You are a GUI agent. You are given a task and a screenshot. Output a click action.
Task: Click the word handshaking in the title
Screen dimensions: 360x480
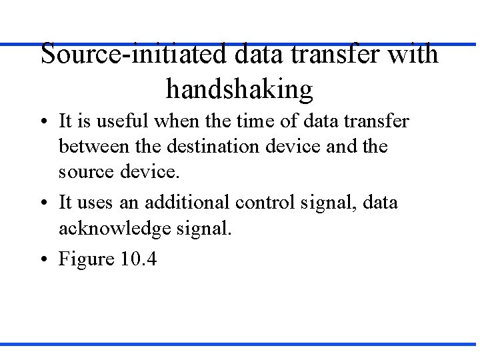pyautogui.click(x=239, y=88)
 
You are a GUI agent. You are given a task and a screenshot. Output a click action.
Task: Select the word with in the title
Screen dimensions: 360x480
pyautogui.click(x=413, y=53)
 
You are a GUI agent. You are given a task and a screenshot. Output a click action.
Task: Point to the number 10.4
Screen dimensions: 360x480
pyautogui.click(x=139, y=259)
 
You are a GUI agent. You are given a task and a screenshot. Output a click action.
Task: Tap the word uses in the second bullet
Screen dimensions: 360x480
pyautogui.click(x=95, y=202)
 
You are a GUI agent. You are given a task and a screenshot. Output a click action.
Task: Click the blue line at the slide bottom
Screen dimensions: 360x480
pyautogui.click(x=240, y=344)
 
